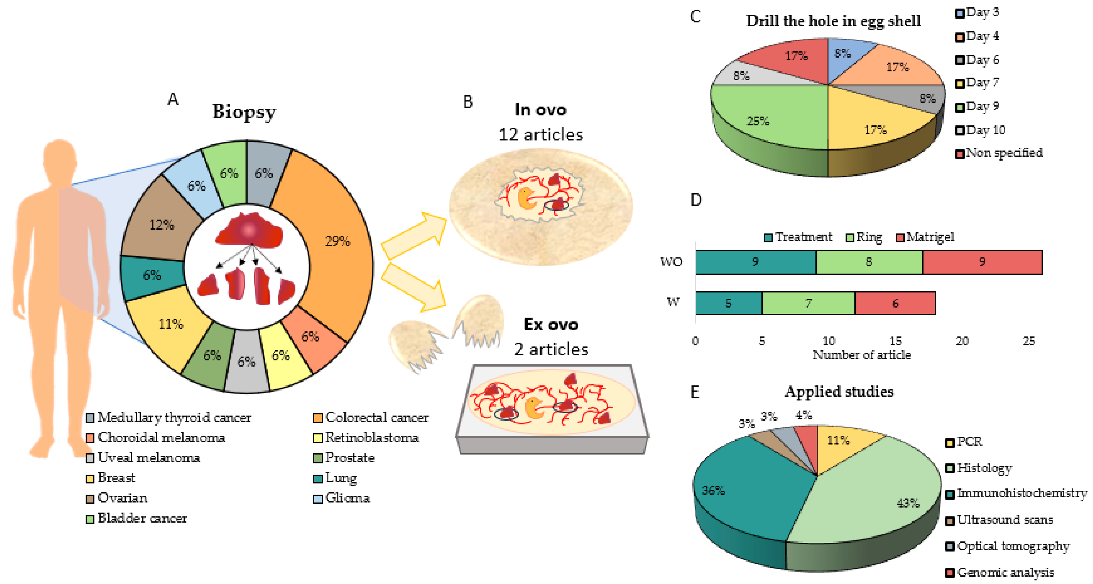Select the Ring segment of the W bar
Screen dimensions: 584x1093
(x=808, y=303)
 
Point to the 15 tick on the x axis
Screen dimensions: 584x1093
(x=895, y=341)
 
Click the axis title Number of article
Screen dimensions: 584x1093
(x=861, y=355)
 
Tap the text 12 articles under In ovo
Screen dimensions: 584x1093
(x=541, y=135)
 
